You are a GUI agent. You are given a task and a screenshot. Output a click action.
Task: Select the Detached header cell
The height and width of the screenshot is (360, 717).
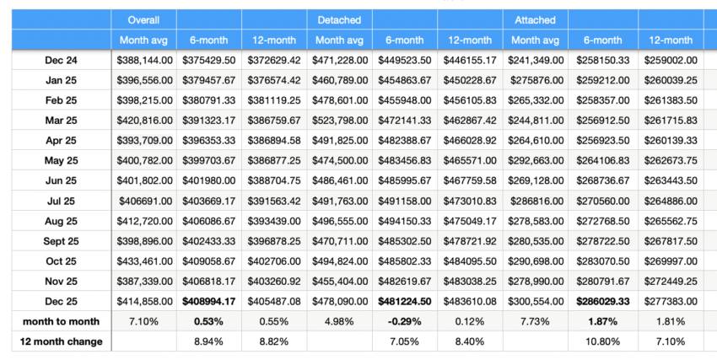(339, 19)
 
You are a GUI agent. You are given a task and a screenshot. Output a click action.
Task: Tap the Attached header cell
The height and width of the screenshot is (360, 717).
(535, 19)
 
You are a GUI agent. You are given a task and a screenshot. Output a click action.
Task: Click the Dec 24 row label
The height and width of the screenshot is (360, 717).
(60, 60)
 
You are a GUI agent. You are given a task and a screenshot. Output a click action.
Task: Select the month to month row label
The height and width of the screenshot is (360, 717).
(60, 321)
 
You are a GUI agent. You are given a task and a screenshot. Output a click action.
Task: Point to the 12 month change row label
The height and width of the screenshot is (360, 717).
(60, 341)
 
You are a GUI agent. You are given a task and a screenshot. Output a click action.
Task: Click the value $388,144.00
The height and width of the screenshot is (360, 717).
(144, 60)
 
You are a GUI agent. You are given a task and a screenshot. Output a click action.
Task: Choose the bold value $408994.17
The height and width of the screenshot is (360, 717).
(209, 301)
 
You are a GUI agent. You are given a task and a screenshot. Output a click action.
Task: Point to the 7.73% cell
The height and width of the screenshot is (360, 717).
(535, 321)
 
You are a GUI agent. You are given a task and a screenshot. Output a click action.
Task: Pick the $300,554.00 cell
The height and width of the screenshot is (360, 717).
(535, 301)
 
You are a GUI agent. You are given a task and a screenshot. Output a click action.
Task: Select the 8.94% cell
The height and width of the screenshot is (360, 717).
(209, 341)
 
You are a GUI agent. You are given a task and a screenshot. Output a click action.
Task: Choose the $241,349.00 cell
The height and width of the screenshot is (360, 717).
(535, 60)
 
